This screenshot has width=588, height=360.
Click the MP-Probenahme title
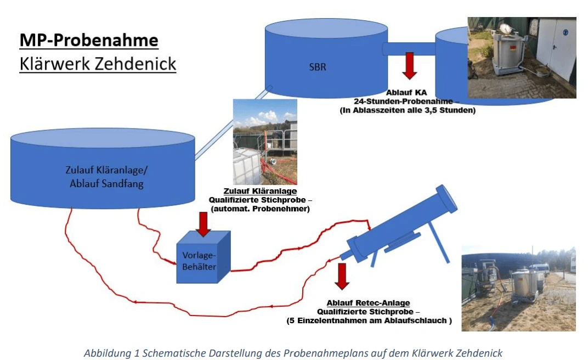click(89, 40)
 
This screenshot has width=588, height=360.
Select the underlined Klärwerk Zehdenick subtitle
click(98, 64)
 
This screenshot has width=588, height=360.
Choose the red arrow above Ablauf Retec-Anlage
click(342, 276)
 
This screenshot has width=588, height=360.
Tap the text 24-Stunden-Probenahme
click(406, 102)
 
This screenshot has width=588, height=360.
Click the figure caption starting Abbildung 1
click(293, 353)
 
